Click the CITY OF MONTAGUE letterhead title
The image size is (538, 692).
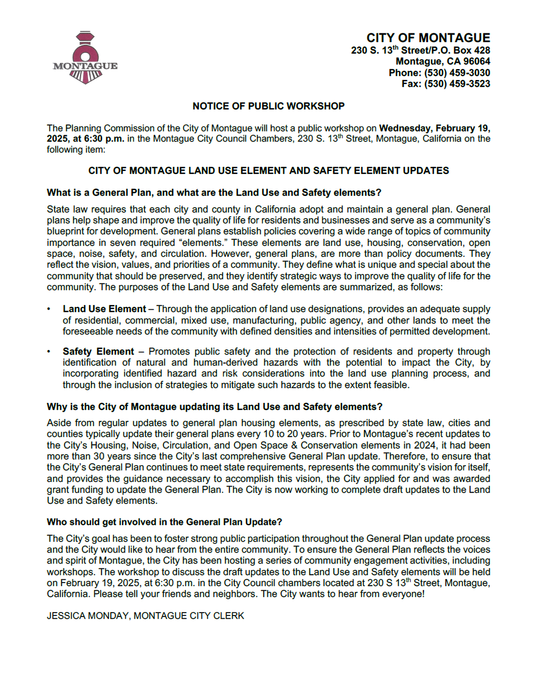pyautogui.click(x=428, y=38)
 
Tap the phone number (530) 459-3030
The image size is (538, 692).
pyautogui.click(x=457, y=73)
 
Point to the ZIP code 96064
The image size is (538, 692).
pyautogui.click(x=476, y=62)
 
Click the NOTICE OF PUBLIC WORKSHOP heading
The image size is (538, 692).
pyautogui.click(x=268, y=106)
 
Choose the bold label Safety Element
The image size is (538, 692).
pyautogui.click(x=98, y=351)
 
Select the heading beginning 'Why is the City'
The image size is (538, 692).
pyautogui.click(x=214, y=406)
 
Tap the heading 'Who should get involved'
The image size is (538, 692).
pyautogui.click(x=164, y=522)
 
